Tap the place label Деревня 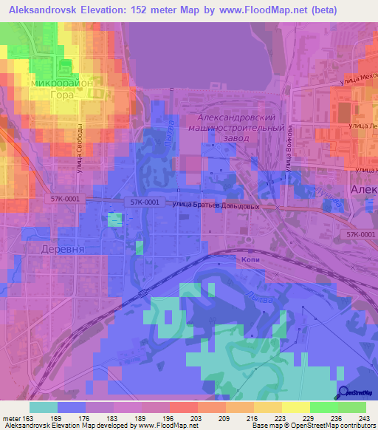tap(61, 249)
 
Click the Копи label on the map tap(247, 260)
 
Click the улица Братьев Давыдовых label tap(217, 206)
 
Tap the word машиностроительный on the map tap(242, 128)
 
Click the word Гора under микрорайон tap(62, 95)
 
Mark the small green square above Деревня tap(114, 219)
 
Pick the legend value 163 tap(37, 417)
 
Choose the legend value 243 tap(361, 417)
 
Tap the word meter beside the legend tap(13, 417)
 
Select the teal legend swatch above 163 tap(44, 407)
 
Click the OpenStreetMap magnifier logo tap(346, 393)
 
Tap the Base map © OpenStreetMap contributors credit tap(317, 426)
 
